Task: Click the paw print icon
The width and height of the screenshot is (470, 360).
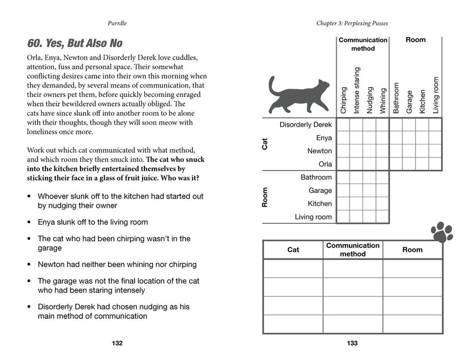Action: click(442, 232)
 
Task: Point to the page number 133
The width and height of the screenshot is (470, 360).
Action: click(352, 344)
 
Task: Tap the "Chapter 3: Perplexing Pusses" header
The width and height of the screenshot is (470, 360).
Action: click(352, 23)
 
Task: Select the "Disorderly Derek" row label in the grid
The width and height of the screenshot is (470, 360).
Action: click(305, 125)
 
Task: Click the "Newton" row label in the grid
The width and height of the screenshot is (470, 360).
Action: click(320, 151)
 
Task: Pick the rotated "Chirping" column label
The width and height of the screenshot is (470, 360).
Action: click(344, 100)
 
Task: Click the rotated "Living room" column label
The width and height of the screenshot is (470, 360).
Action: click(435, 95)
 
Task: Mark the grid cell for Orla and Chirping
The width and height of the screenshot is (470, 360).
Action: click(343, 164)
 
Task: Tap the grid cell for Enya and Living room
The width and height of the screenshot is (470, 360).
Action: click(435, 138)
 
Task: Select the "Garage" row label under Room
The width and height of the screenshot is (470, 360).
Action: click(320, 190)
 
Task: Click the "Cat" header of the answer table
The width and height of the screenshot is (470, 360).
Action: click(293, 250)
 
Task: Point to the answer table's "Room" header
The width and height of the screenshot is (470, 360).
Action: click(412, 250)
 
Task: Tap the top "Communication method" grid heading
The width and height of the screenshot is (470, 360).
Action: click(362, 44)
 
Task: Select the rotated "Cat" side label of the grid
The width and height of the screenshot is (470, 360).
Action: click(266, 144)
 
